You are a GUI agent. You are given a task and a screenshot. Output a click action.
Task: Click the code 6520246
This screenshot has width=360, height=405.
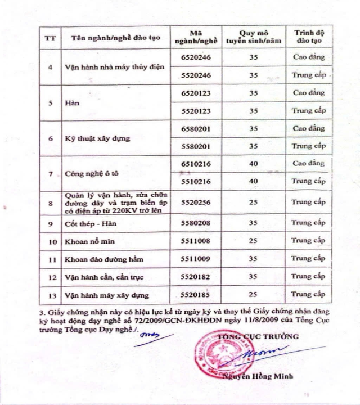pos(196,57)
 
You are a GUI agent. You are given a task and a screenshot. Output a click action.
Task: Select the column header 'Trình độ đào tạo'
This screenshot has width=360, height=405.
pos(309,37)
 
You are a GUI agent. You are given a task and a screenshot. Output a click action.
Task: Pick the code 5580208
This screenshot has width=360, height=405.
pos(196,223)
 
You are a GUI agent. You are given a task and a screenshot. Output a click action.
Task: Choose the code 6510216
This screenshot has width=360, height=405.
pos(196,164)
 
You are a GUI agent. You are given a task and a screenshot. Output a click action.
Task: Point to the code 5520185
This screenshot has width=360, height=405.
pos(196,294)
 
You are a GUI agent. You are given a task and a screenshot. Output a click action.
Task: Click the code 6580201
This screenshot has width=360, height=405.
pos(196,128)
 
